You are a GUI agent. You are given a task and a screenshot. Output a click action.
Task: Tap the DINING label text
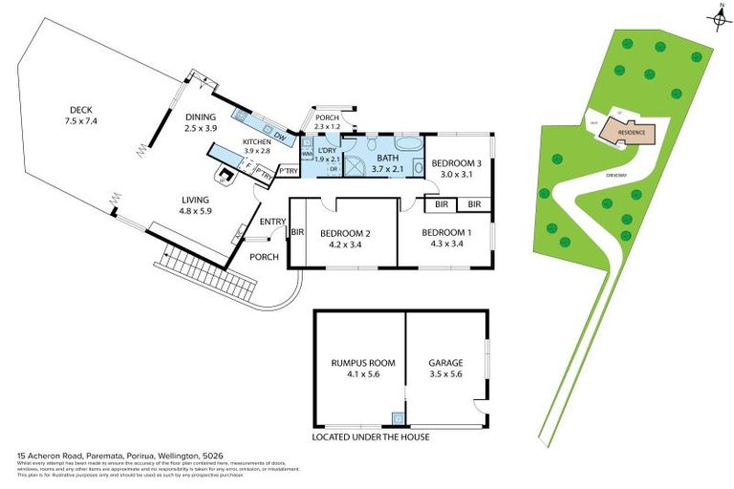[202, 117]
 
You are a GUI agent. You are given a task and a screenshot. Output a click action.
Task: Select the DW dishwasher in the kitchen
[279, 136]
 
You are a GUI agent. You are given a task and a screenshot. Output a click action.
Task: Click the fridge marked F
[248, 165]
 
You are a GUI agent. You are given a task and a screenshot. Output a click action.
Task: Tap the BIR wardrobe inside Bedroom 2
[296, 232]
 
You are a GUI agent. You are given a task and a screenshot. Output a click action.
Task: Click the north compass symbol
[719, 15]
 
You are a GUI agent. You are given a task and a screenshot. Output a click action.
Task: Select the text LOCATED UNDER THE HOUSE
[371, 436]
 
